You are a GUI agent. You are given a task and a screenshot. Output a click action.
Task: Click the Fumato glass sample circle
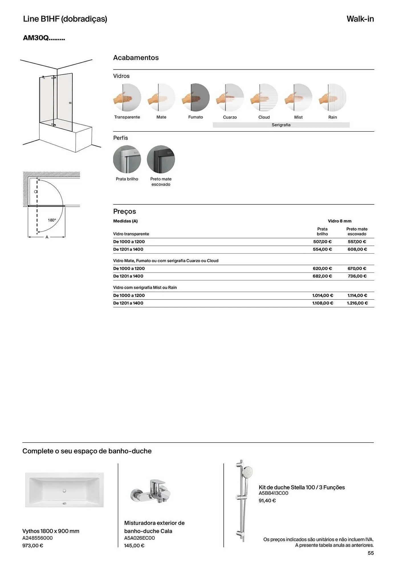point(196,97)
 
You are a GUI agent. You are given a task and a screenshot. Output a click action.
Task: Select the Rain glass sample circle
point(333,97)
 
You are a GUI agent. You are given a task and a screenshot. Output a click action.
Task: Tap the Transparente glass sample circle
point(127,97)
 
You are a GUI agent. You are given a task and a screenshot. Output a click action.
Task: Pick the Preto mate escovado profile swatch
point(161,159)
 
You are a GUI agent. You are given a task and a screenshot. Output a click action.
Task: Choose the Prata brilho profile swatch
point(127,159)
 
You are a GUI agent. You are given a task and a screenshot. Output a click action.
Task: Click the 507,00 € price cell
point(322,242)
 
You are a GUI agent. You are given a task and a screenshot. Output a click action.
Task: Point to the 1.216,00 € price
point(357,303)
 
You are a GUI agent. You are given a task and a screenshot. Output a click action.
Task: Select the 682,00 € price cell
point(322,276)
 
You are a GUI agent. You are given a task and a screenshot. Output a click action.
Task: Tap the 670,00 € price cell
point(357,268)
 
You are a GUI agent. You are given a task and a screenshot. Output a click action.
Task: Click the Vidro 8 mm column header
point(339,221)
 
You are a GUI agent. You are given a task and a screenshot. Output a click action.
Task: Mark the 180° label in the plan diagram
point(52,220)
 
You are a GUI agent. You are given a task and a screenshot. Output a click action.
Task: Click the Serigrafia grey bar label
point(281,125)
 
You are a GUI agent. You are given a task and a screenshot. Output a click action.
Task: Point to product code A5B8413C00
point(273,493)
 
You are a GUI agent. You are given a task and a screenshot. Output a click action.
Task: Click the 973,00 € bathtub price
point(33,546)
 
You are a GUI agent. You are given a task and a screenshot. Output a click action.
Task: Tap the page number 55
point(371,553)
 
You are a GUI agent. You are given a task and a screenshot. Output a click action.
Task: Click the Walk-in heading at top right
point(360,19)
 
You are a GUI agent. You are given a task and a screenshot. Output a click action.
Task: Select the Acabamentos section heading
point(136,58)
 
